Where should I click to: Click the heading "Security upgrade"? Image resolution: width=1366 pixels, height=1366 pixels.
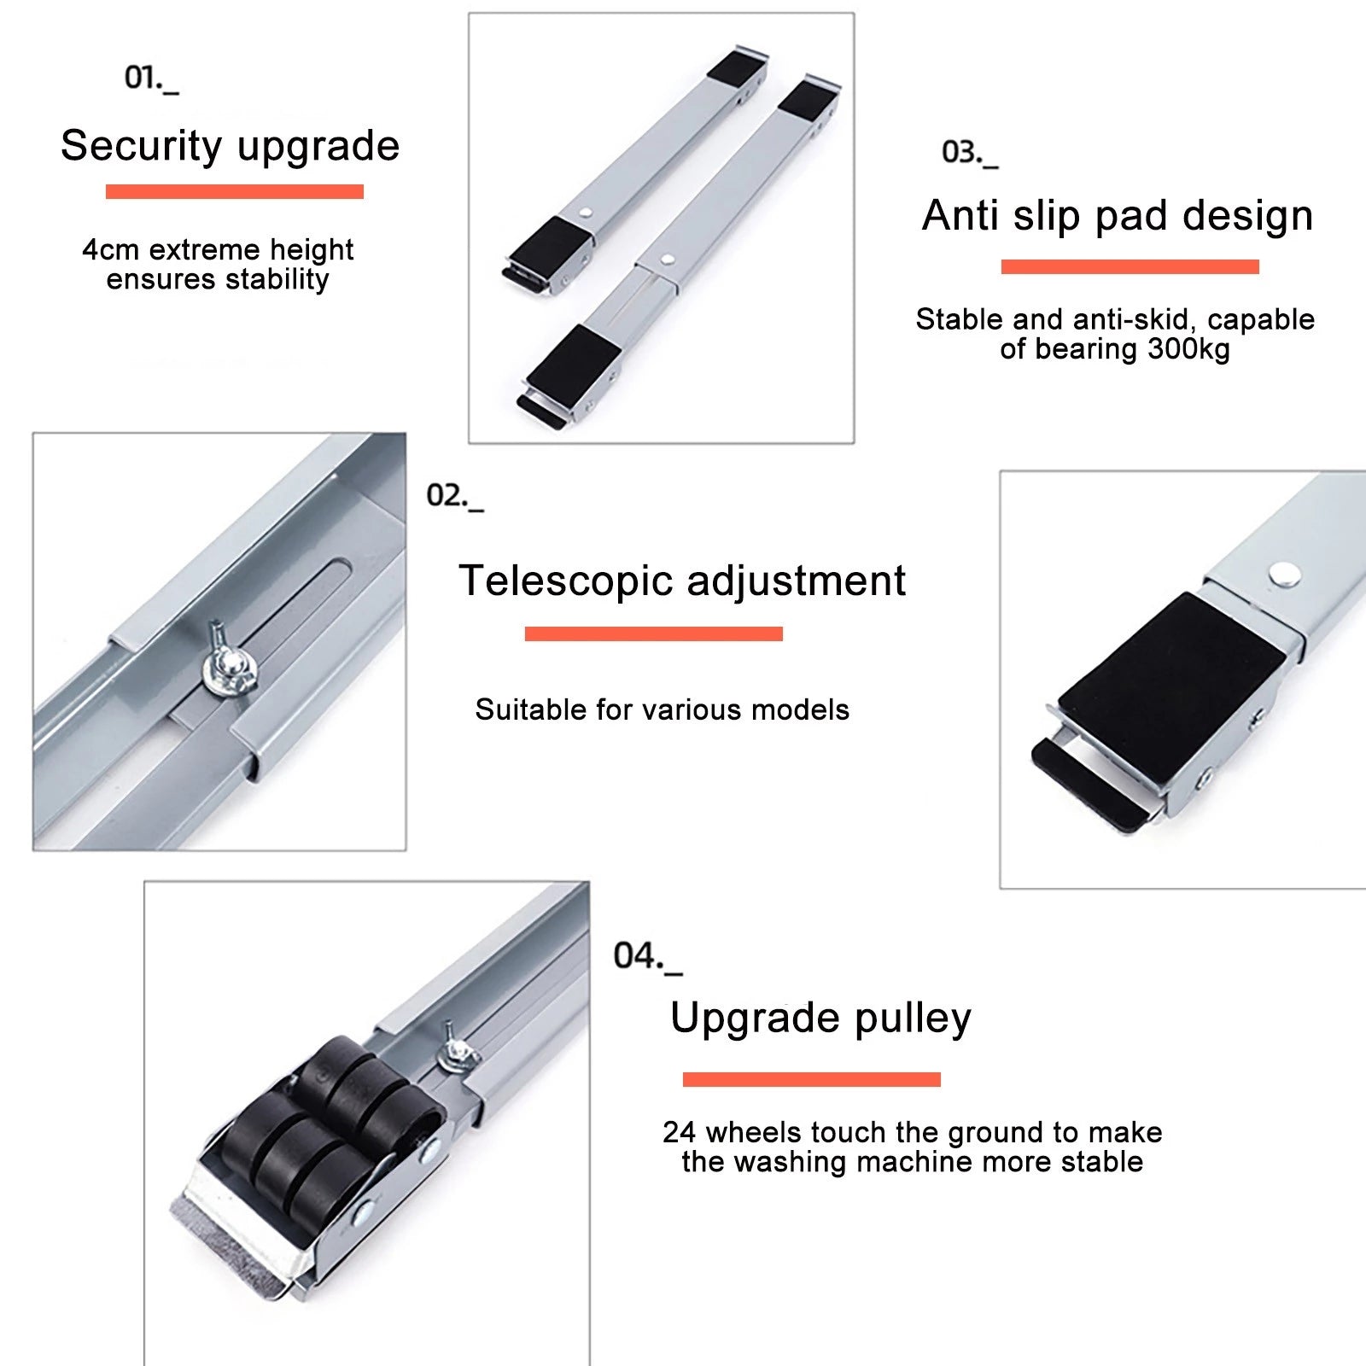230,146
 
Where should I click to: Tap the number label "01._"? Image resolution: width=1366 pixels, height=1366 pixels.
152,78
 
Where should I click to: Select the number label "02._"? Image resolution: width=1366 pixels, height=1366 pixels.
455,496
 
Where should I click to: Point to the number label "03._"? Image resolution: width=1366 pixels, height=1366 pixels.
970,153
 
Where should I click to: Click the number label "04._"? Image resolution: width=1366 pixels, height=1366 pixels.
648,956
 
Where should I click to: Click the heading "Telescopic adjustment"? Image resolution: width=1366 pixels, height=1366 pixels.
682,581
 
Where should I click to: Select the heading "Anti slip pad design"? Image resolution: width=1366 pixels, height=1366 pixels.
1118,215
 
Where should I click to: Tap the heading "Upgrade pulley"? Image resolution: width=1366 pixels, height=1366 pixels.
820,1018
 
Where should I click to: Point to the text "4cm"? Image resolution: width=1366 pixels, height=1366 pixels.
111,250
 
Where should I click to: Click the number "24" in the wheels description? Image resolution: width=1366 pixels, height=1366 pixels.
680,1133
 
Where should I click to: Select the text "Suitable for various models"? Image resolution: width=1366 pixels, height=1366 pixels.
663,709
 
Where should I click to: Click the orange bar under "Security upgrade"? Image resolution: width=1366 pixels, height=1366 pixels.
235,191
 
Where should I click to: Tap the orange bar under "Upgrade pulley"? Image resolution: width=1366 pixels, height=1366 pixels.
812,1079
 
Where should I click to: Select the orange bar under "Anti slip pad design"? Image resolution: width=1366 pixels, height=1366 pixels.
1130,266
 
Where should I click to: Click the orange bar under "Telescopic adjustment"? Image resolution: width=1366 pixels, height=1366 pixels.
654,633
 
